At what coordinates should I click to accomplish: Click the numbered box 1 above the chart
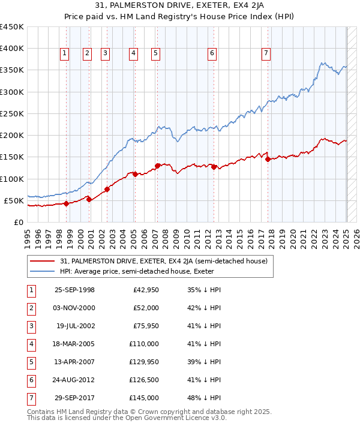(65, 53)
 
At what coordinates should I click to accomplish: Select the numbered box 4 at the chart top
(133, 53)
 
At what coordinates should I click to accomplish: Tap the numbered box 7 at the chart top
(266, 53)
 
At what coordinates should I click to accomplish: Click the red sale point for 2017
(268, 159)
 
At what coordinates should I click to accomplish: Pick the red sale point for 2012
(214, 167)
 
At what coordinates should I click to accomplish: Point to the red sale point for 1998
(66, 203)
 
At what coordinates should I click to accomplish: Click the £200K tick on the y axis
(12, 136)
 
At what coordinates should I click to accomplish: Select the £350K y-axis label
(12, 70)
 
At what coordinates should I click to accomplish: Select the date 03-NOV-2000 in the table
(74, 308)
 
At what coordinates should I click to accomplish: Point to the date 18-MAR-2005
(74, 344)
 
